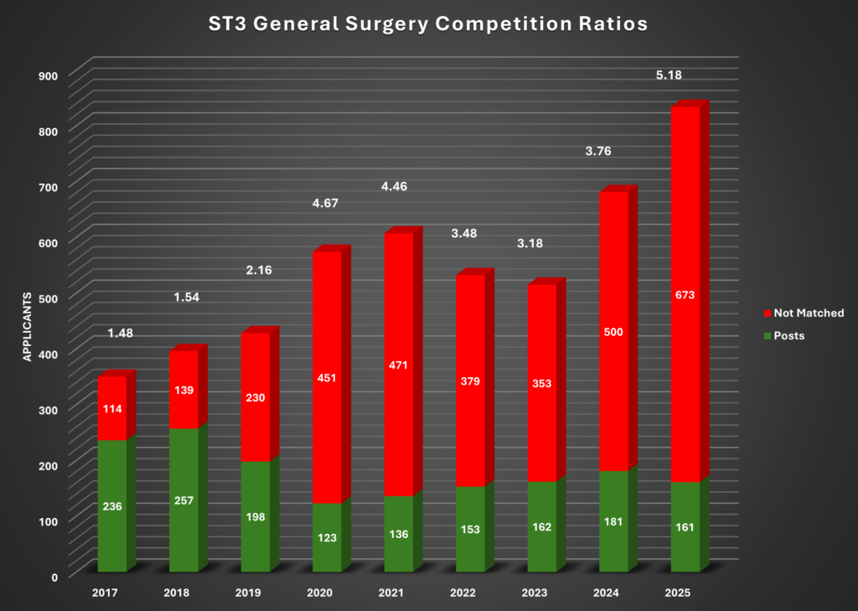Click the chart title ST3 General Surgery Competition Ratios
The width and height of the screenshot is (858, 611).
(428, 24)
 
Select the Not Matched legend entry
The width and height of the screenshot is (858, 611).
(808, 313)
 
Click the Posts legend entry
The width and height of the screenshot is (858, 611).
(788, 335)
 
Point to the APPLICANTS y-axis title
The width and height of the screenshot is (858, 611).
(27, 327)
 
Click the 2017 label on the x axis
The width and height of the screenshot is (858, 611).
(105, 593)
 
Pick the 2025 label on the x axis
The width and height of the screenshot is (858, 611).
(678, 593)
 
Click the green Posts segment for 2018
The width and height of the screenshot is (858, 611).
(183, 500)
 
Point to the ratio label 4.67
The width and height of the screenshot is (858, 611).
(320, 203)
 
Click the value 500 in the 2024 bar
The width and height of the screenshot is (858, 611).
(613, 332)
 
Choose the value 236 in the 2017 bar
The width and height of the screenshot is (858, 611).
(111, 506)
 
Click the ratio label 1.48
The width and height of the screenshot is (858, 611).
(121, 333)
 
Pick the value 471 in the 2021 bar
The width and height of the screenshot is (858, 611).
(398, 365)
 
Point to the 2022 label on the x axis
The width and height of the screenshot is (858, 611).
(463, 593)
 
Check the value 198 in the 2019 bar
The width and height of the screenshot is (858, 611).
(255, 516)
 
